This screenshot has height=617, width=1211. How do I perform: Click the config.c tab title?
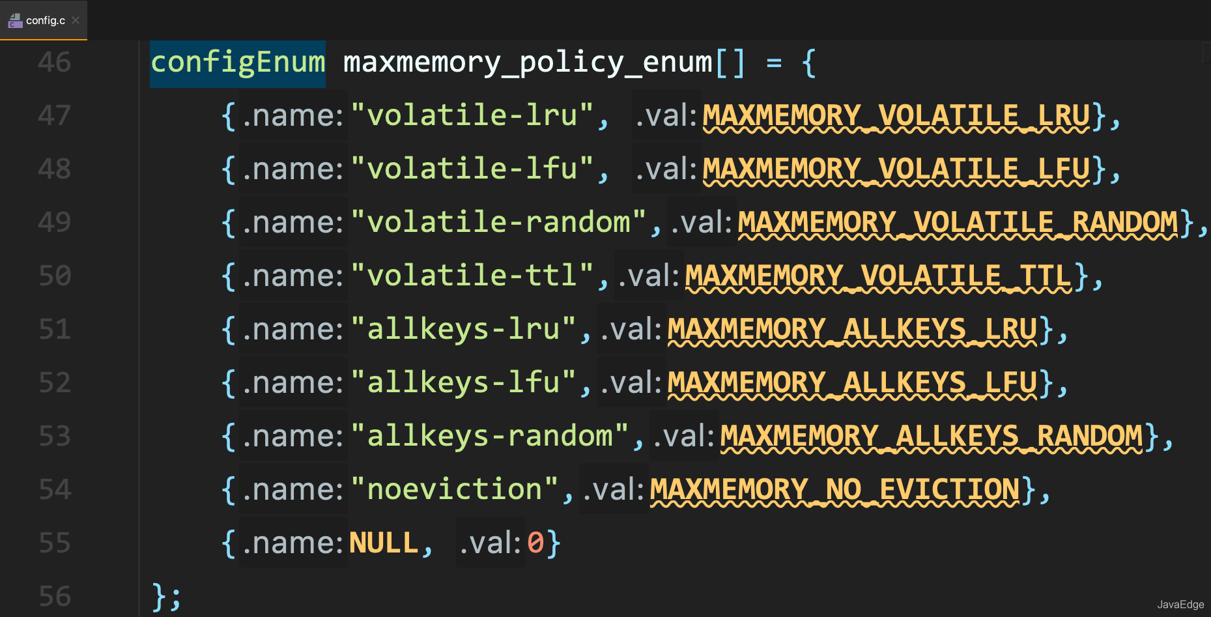[x=45, y=20]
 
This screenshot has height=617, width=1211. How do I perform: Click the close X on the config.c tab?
[x=76, y=20]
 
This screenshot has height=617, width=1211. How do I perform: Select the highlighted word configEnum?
[x=238, y=63]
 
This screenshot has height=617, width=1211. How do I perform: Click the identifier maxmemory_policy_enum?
[x=528, y=63]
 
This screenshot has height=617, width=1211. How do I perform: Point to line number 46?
[x=54, y=63]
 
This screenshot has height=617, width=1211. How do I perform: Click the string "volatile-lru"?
[x=472, y=116]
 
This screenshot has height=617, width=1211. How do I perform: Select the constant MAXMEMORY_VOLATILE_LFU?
[x=896, y=169]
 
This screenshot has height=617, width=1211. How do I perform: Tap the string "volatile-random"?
[x=498, y=223]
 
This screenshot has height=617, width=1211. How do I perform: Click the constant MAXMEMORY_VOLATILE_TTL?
[x=878, y=276]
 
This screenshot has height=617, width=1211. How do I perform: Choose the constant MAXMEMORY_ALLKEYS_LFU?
[x=852, y=383]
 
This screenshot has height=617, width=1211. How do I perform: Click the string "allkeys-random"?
[x=489, y=437]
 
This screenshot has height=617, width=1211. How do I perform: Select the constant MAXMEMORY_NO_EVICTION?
[x=834, y=490]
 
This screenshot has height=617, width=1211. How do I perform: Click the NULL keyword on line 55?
[x=384, y=543]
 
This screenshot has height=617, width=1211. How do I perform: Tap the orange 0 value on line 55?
[x=535, y=543]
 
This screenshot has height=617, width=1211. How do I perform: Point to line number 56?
[x=54, y=597]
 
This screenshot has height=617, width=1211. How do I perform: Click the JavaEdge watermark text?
[x=1180, y=605]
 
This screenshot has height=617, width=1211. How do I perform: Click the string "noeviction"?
[x=454, y=490]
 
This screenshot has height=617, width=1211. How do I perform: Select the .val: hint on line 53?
[x=684, y=437]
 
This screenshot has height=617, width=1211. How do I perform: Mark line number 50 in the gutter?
[x=54, y=276]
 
